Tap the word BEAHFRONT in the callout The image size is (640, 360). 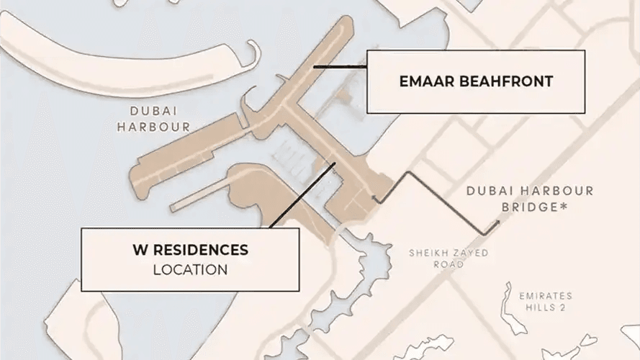(510, 81)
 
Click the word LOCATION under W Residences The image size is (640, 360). (190, 270)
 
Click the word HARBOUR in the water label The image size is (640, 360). (160, 127)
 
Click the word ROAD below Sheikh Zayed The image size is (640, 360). (449, 265)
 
